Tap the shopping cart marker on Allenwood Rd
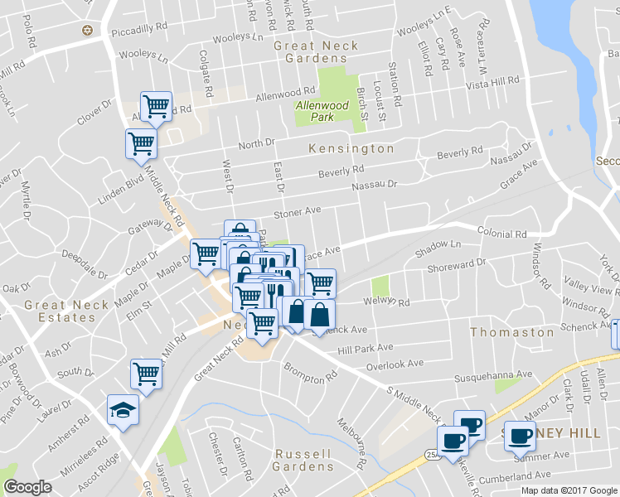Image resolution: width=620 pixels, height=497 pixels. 156,106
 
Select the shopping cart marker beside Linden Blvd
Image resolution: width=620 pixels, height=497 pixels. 141,144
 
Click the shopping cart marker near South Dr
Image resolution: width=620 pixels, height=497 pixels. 146,375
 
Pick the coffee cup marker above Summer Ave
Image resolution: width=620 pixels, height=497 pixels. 520,436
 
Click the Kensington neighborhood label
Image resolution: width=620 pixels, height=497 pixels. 351,149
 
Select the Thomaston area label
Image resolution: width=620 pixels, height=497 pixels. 512,332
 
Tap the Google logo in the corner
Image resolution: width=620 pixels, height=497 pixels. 28,487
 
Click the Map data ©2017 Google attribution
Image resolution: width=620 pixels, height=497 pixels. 569,490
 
